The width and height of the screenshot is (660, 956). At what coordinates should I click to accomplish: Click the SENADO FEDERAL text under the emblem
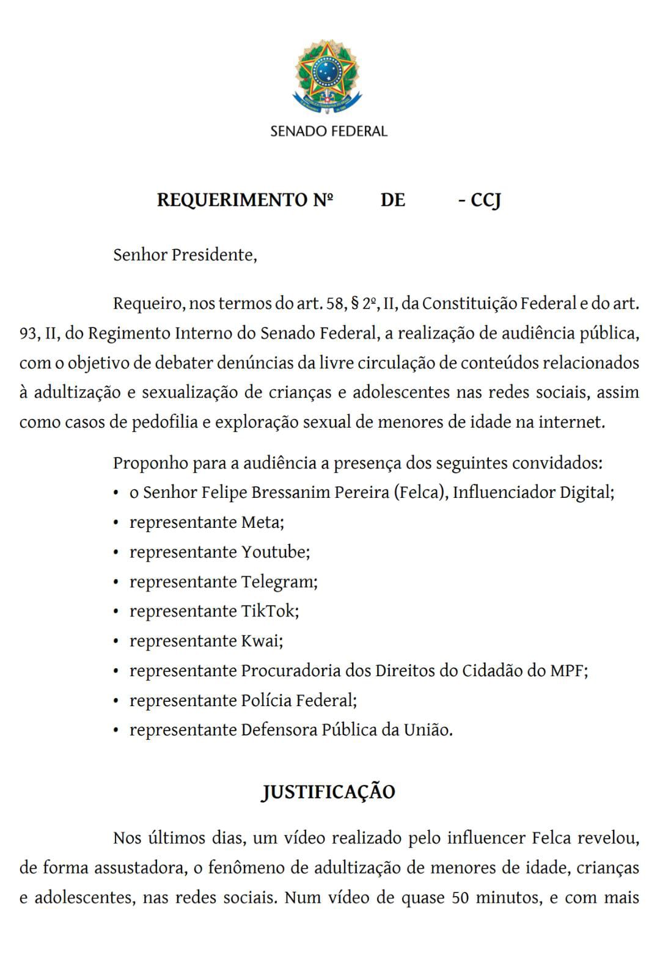click(x=329, y=131)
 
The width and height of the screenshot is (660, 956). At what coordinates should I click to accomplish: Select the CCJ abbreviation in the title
click(x=486, y=200)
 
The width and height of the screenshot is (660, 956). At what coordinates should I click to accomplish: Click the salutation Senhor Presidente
click(x=185, y=255)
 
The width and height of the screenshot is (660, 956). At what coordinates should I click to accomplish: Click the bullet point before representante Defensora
click(x=116, y=731)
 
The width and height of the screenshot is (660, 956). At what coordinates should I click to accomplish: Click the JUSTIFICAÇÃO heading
click(x=329, y=792)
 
